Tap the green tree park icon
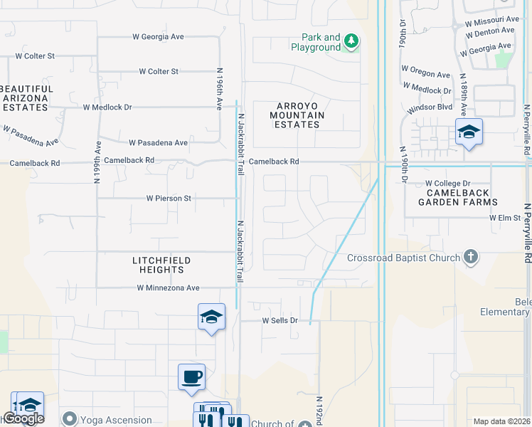point(351,41)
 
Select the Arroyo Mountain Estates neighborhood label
point(297,115)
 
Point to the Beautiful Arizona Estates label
point(24,97)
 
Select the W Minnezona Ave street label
point(169,288)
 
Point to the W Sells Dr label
point(280,321)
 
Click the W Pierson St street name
point(169,199)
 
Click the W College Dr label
point(448,184)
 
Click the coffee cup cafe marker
point(192,376)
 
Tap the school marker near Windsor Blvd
point(469,132)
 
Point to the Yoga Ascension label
point(116,420)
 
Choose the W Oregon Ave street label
point(426,73)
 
